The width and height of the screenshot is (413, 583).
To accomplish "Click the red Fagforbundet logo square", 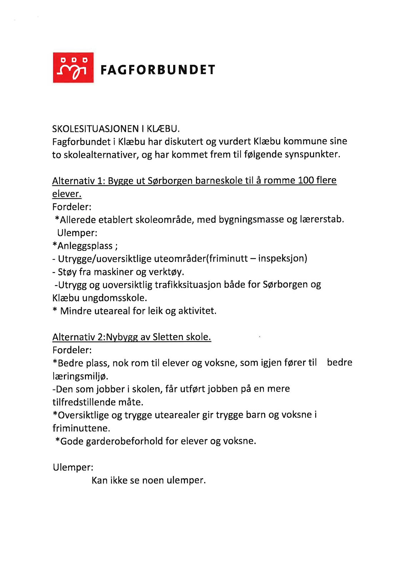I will (x=73, y=68).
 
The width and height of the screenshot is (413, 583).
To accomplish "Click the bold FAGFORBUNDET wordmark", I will (x=158, y=70).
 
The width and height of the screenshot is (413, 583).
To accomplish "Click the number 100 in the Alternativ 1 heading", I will (x=306, y=180).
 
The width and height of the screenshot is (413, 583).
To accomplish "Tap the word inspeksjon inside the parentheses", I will (x=282, y=258).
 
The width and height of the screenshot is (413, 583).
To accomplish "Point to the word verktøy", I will (x=168, y=272).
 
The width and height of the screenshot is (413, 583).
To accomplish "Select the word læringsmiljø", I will (x=80, y=376).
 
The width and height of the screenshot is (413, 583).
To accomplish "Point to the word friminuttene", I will (x=81, y=428).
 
